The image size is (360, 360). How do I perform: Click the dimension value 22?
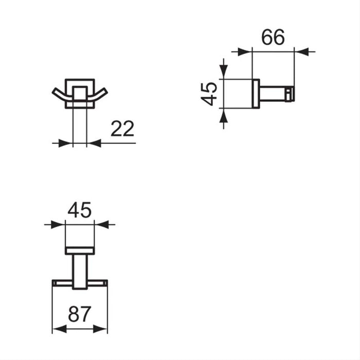pyautogui.click(x=122, y=128)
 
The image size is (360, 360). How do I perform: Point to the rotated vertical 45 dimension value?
pyautogui.click(x=210, y=94)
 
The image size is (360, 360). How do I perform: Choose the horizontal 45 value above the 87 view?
pyautogui.click(x=79, y=210)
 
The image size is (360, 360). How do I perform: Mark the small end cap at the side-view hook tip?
pyautogui.click(x=291, y=94)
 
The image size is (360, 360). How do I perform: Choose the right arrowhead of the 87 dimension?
pyautogui.click(x=101, y=328)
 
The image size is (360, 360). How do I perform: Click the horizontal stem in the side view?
pyautogui.click(x=273, y=94)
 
